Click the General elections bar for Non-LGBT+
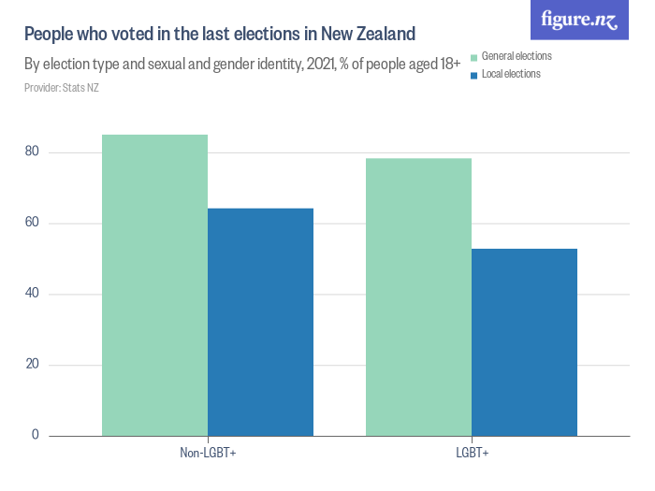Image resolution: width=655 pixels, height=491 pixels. (x=154, y=285)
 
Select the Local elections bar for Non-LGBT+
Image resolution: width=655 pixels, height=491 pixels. (x=260, y=322)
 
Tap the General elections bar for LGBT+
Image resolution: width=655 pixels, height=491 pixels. (x=418, y=296)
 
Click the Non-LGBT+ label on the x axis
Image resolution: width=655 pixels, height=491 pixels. (x=208, y=454)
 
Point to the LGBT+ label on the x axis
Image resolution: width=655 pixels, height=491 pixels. (x=472, y=454)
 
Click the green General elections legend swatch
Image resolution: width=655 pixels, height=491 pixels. (x=474, y=57)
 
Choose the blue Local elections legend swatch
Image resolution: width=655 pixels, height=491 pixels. (x=474, y=75)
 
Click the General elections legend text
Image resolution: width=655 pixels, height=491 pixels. (x=516, y=57)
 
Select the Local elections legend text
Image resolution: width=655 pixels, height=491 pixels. (x=511, y=75)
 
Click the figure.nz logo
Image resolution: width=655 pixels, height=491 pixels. (x=580, y=21)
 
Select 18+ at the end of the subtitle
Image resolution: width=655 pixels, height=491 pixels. (x=449, y=65)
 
